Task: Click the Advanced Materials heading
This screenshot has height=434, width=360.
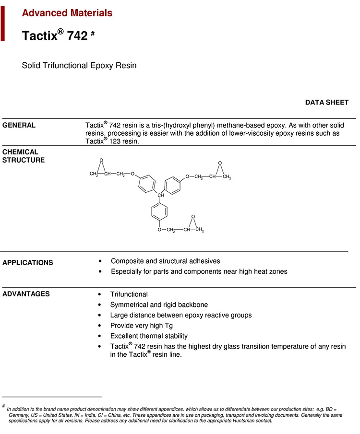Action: pyautogui.click(x=67, y=13)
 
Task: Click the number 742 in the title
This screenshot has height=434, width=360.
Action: pyautogui.click(x=77, y=36)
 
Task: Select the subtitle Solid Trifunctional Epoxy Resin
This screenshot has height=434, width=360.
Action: pyautogui.click(x=79, y=65)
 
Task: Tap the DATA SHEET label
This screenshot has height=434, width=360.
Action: pyautogui.click(x=326, y=102)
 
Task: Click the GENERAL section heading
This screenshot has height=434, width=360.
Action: pyautogui.click(x=19, y=125)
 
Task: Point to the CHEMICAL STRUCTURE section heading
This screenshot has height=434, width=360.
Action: pyautogui.click(x=24, y=156)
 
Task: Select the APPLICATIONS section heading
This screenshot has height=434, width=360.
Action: pyautogui.click(x=28, y=263)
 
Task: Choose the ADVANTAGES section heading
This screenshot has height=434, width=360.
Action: pyautogui.click(x=26, y=294)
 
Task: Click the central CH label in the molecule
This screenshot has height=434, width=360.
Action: pyautogui.click(x=161, y=195)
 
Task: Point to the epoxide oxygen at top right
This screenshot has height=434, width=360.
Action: pyautogui.click(x=219, y=164)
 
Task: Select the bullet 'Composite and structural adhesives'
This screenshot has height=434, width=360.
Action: pyautogui.click(x=165, y=261)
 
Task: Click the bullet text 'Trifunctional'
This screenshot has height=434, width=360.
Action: pyautogui.click(x=129, y=294)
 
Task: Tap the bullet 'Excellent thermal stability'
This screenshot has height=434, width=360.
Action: pyautogui.click(x=149, y=336)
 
